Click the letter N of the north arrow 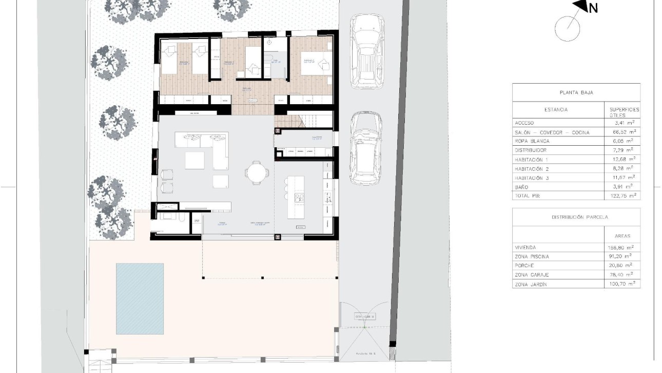[x=593, y=8]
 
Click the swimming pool [x=140, y=298]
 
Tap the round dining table [x=256, y=171]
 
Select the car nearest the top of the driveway [x=367, y=51]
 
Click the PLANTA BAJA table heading [x=576, y=93]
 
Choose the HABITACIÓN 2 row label [x=532, y=169]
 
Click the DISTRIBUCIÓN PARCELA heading [x=576, y=217]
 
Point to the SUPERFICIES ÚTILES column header [x=623, y=112]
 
